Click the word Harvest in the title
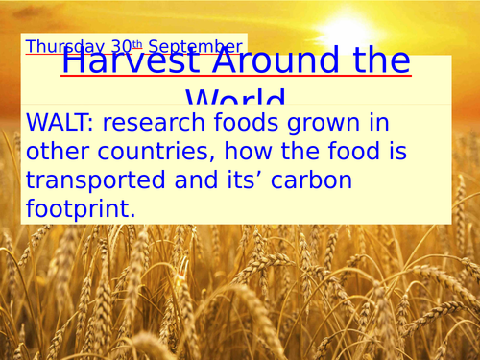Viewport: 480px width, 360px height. (x=125, y=61)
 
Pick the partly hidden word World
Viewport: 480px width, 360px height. (x=235, y=98)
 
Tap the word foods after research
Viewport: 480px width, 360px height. (x=253, y=123)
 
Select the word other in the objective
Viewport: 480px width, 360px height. (x=60, y=151)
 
